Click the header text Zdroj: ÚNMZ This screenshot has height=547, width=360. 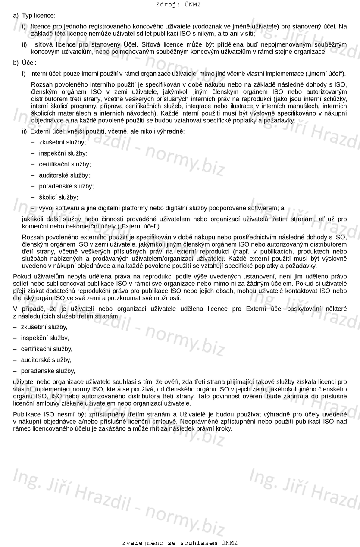[178, 5]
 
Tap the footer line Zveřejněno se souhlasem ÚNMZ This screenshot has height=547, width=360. [180, 543]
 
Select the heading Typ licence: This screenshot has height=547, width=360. [39, 16]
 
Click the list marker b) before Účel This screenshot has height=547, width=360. [16, 63]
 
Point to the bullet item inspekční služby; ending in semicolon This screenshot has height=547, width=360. [63, 153]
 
